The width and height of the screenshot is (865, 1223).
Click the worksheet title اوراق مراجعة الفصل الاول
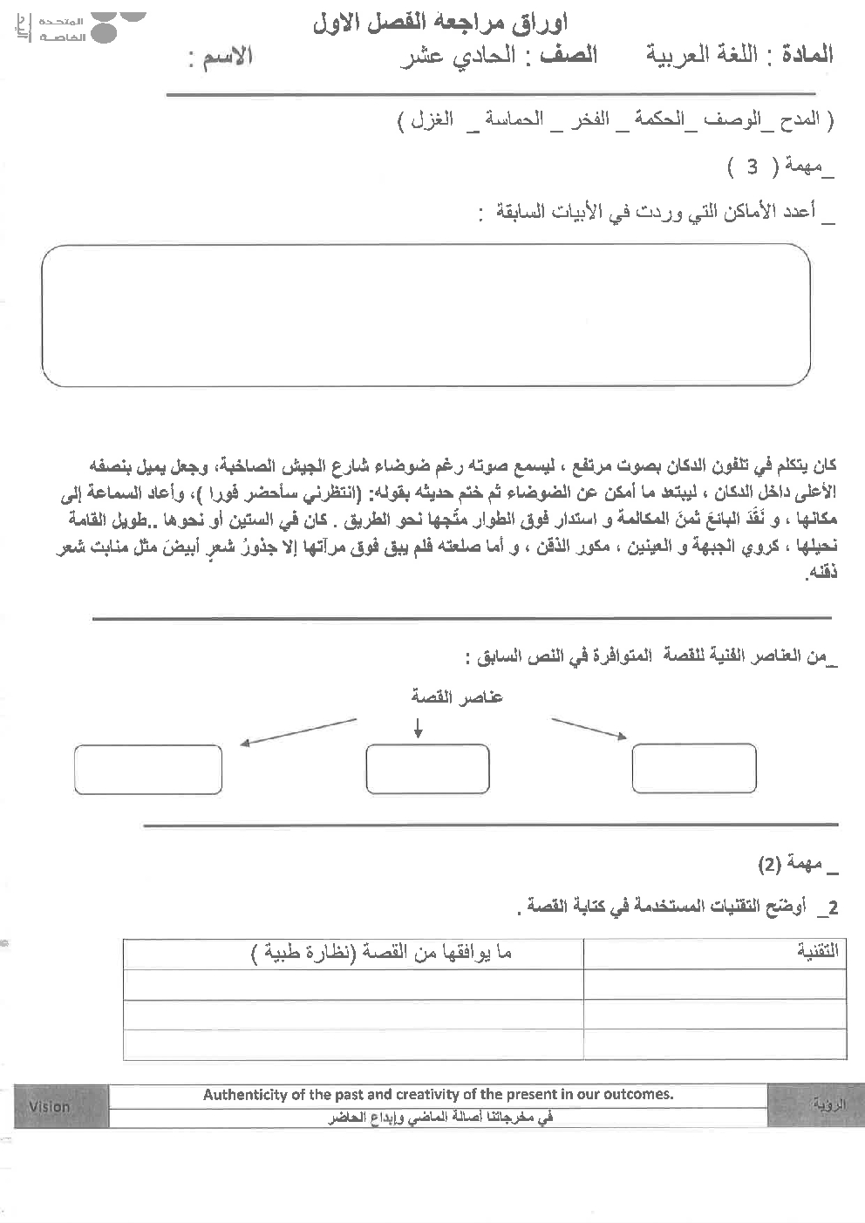click(439, 24)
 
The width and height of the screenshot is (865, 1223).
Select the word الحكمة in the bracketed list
click(659, 119)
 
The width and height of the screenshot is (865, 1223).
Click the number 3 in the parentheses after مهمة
click(752, 166)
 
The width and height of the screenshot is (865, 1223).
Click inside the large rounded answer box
click(426, 315)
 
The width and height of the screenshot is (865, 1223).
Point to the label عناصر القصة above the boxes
click(457, 696)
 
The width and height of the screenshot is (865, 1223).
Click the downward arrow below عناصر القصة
click(419, 729)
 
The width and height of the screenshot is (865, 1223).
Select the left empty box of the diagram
click(148, 770)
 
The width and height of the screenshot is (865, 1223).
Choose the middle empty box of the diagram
click(427, 769)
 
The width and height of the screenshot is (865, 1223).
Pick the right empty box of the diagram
click(693, 768)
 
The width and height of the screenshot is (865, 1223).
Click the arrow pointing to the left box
click(298, 732)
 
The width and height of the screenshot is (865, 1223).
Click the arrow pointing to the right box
click(589, 729)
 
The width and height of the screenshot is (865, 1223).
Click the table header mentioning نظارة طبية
click(382, 953)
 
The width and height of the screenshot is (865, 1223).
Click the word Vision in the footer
click(49, 1106)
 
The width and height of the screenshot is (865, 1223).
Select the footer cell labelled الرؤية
click(828, 1105)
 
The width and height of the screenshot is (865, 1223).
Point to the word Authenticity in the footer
click(245, 1095)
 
